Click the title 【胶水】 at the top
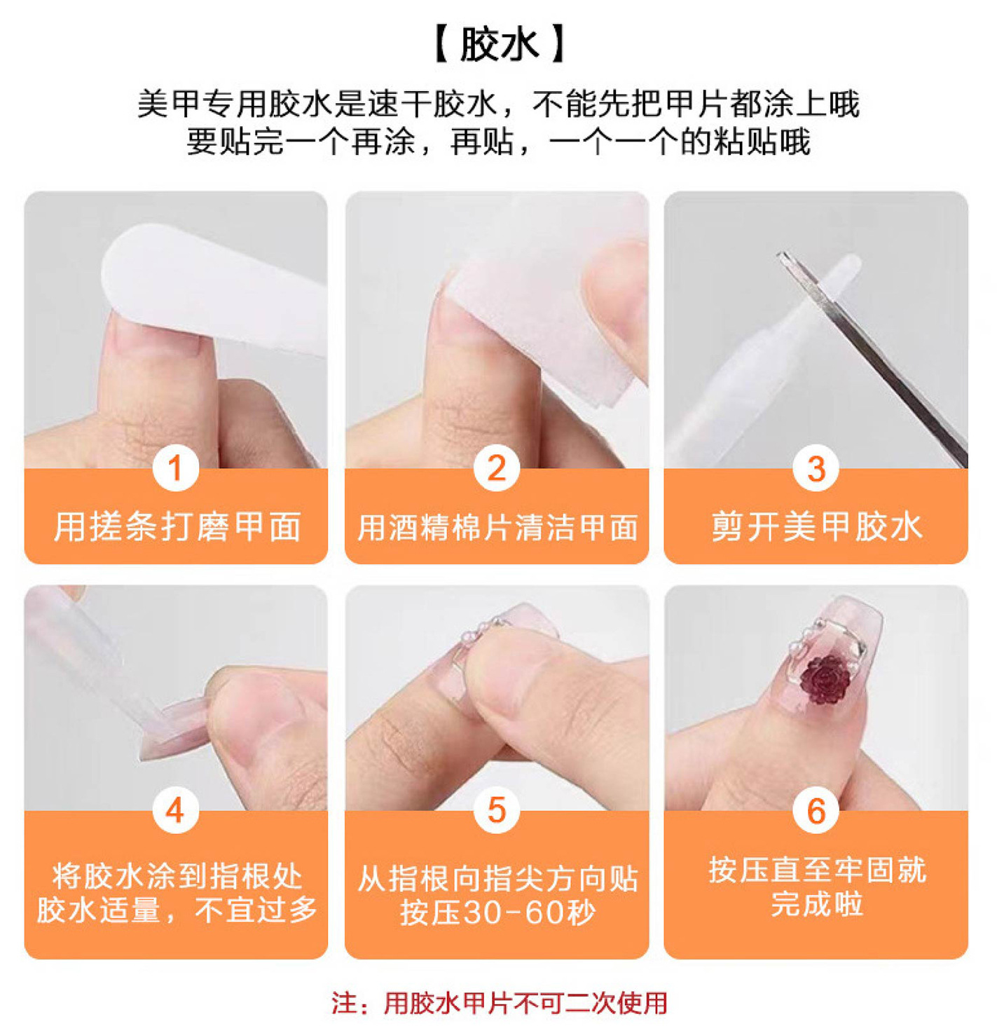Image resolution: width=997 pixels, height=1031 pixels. [x=498, y=45]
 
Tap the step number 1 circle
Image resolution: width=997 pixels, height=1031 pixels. [x=175, y=468]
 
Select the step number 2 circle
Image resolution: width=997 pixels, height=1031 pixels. [x=496, y=468]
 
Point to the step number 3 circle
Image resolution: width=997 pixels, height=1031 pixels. [x=816, y=468]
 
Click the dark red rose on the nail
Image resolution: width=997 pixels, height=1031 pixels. [x=825, y=680]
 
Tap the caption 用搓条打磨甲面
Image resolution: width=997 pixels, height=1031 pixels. [x=177, y=526]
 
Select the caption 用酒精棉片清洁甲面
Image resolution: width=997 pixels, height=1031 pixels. [x=497, y=528]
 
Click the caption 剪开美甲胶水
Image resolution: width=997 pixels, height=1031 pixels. [x=816, y=526]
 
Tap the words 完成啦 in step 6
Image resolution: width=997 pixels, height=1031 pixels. [x=816, y=904]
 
